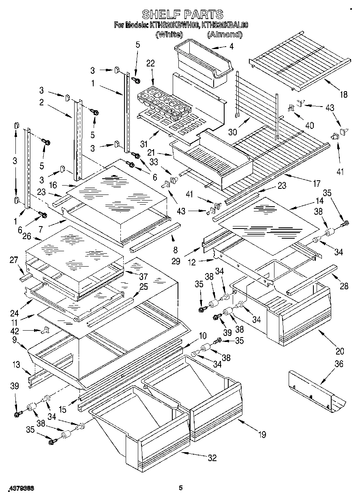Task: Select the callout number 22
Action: [150, 63]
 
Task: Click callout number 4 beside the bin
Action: [231, 47]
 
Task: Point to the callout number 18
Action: [343, 95]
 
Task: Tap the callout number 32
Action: [212, 458]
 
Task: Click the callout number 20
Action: [339, 351]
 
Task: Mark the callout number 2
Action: [42, 103]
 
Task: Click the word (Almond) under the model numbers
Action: [225, 35]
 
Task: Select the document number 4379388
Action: [20, 489]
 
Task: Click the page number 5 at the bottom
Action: [181, 488]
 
